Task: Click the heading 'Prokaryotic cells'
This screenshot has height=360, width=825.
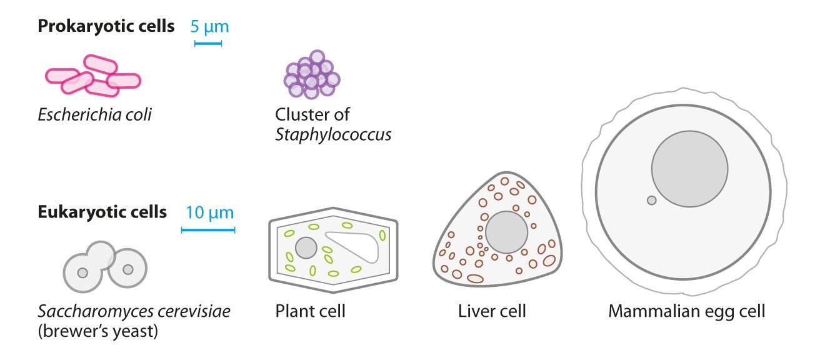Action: (106, 27)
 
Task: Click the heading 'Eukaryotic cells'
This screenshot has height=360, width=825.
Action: (102, 212)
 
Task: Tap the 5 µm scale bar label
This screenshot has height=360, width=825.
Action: (209, 27)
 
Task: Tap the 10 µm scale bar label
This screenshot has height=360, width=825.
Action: (209, 212)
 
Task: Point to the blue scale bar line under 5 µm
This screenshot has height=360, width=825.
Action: (208, 44)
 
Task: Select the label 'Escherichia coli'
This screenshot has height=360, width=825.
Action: (94, 115)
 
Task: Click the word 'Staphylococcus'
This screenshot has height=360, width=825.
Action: (333, 134)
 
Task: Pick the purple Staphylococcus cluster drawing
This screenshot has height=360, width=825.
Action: (311, 75)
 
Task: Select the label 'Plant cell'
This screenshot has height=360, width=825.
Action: (310, 311)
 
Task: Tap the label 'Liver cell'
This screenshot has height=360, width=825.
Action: (492, 311)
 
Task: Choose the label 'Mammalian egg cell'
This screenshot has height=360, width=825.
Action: (686, 311)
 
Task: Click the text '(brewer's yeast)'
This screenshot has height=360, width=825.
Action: (99, 331)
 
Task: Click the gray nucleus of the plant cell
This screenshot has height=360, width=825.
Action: (306, 247)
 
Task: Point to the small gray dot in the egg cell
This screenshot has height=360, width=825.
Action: (651, 200)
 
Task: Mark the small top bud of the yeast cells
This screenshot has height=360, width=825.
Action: (100, 253)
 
